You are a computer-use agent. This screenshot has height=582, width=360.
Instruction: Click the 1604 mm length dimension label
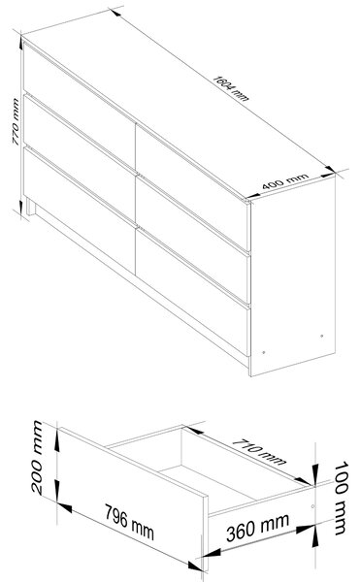[x=231, y=88]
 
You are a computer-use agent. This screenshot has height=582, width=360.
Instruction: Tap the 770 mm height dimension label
[x=16, y=121]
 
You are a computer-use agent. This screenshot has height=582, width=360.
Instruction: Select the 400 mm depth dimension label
[x=285, y=180]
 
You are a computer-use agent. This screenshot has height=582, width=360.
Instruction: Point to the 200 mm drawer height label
[x=38, y=457]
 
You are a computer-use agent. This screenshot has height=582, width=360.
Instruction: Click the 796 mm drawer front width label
[x=129, y=522]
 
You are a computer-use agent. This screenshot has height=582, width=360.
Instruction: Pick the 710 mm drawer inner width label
[x=259, y=452]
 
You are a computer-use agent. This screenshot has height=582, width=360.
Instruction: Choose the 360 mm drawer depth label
[x=257, y=527]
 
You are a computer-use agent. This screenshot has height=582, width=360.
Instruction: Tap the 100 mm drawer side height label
[x=341, y=498]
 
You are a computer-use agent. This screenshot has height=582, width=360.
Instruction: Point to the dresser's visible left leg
[x=30, y=207]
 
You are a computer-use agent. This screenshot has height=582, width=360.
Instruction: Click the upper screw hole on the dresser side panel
[x=322, y=336]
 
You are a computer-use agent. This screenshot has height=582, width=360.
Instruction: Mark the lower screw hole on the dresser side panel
[x=264, y=352]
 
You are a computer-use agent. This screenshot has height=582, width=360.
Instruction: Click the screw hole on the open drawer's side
[x=312, y=506]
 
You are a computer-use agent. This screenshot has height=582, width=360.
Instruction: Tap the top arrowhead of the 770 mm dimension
[x=21, y=42]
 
